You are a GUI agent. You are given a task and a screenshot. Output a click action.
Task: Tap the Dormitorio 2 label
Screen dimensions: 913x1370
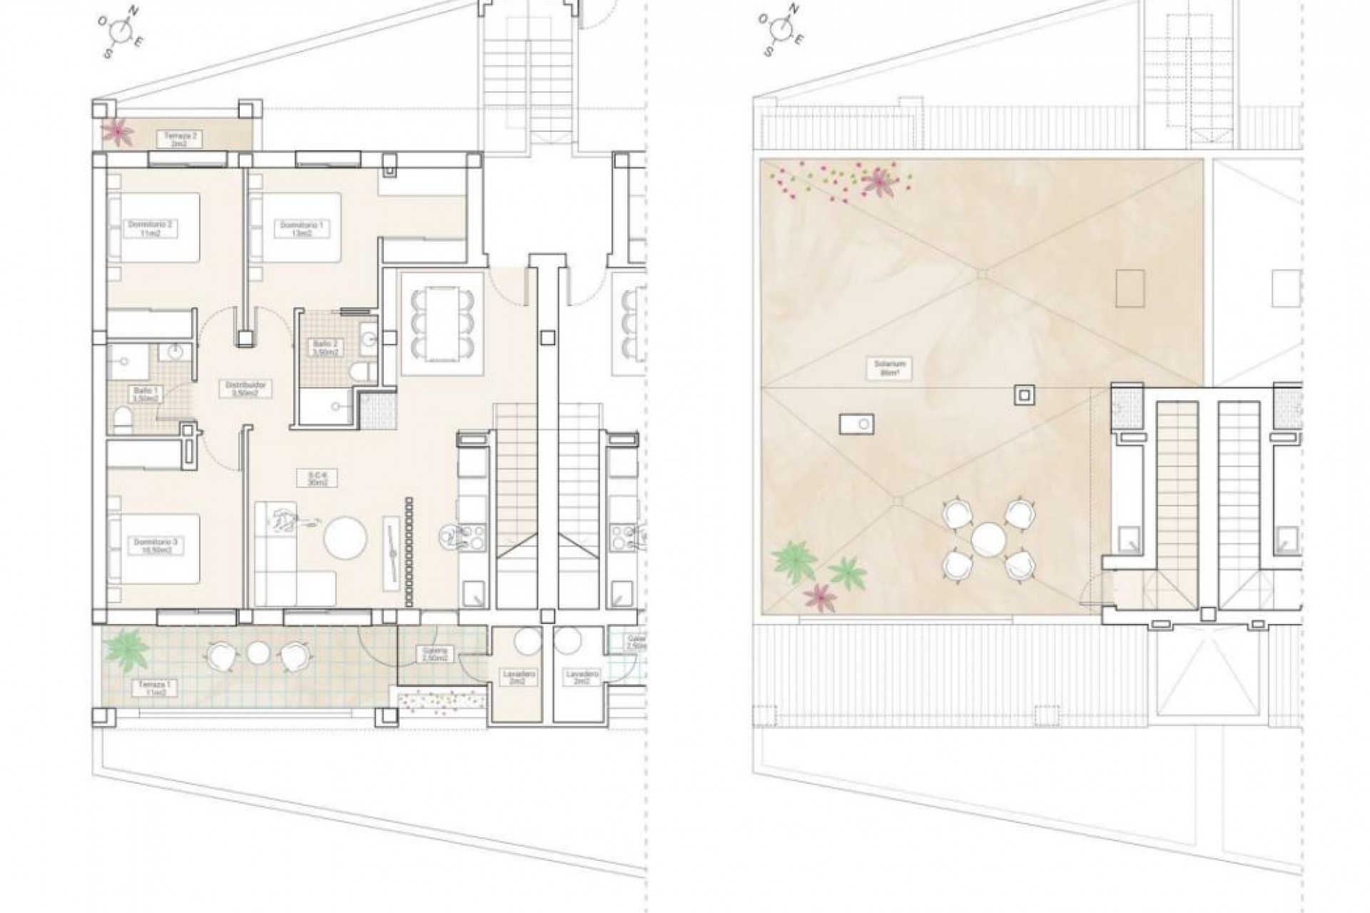(x=150, y=228)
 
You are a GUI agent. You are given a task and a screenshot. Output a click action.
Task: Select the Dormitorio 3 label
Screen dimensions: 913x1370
(x=155, y=546)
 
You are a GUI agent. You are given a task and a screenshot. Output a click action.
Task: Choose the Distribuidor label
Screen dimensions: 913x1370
(x=235, y=388)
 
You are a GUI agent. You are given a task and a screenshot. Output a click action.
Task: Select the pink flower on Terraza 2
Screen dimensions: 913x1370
(x=114, y=132)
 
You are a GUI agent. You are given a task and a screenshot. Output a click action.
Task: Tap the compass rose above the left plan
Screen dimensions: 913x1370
(x=124, y=30)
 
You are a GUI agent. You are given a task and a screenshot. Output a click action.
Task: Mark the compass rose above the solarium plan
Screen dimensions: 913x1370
(x=783, y=30)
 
